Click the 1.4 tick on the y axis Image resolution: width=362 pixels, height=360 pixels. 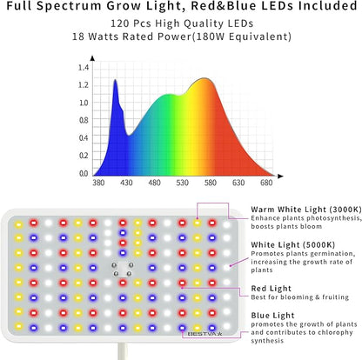(84, 68)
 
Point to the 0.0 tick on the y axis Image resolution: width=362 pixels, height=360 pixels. (84, 174)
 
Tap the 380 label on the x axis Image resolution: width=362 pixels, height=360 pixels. (98, 184)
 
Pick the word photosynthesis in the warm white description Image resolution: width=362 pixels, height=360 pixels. (318, 221)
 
